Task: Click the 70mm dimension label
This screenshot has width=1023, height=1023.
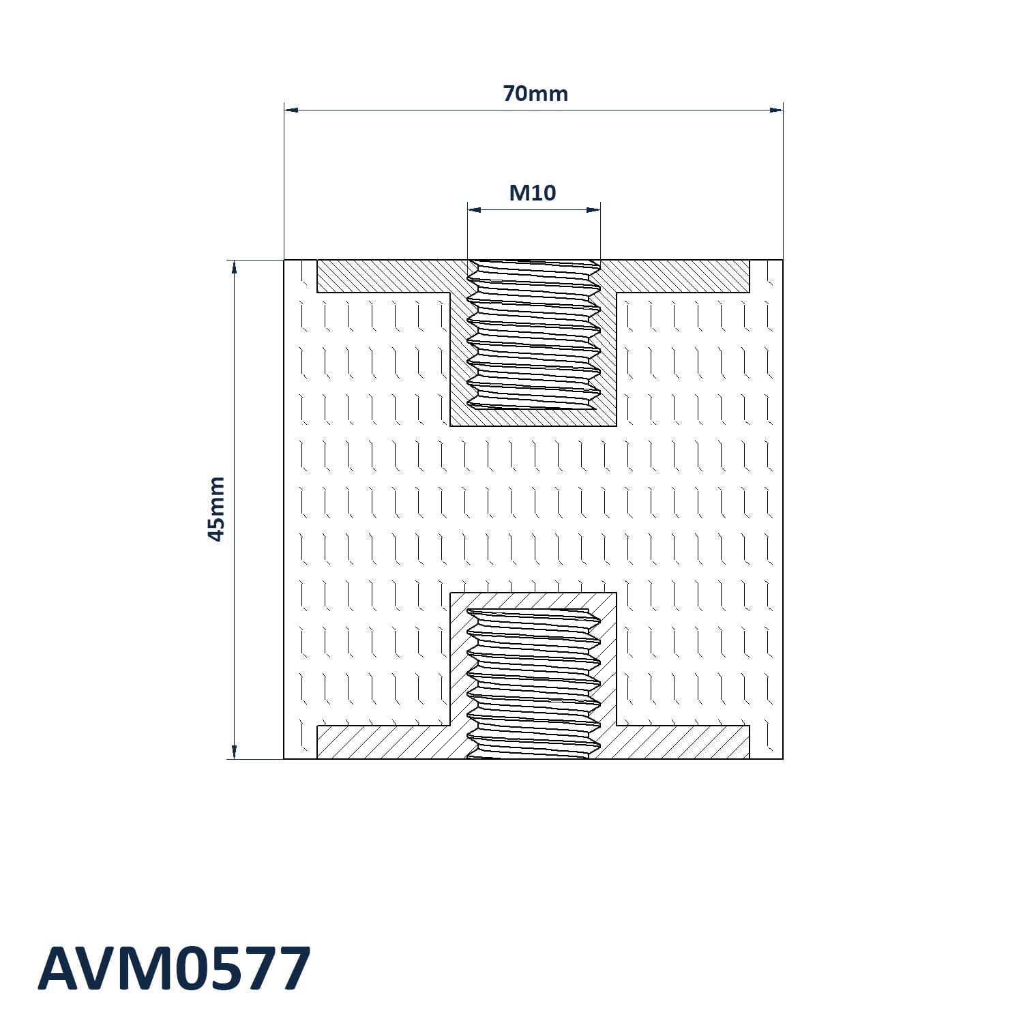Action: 535,93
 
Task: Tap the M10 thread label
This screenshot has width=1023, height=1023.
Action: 533,193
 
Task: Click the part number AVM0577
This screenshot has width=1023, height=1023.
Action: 175,968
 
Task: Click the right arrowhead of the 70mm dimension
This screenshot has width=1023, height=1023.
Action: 775,109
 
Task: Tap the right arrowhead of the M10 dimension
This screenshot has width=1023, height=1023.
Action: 593,209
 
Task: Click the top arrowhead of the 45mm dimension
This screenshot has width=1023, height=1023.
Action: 234,267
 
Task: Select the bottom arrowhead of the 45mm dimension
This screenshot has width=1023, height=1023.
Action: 234,751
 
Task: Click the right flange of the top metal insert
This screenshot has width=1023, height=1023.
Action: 682,276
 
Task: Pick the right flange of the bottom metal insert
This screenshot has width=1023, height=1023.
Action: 682,742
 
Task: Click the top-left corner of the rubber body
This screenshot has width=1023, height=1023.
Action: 284,261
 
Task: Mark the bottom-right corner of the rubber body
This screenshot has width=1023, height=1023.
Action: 782,758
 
